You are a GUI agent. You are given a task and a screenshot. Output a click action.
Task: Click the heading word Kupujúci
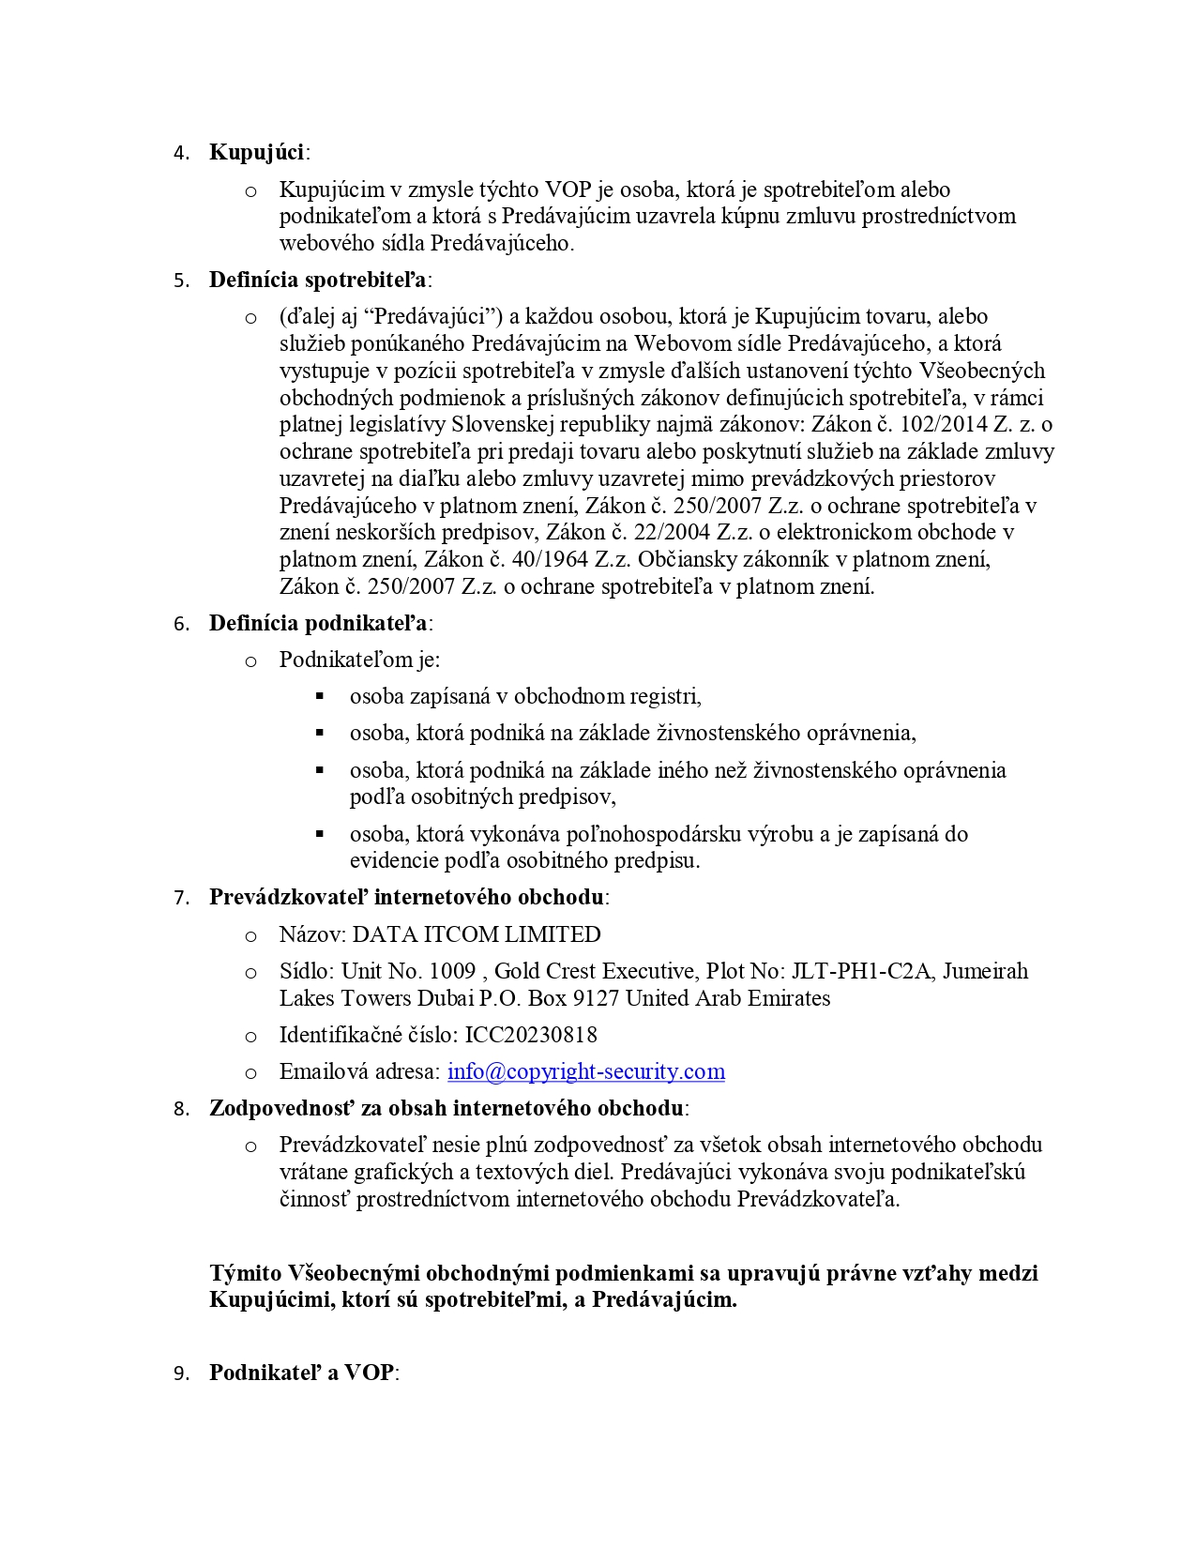pos(258,152)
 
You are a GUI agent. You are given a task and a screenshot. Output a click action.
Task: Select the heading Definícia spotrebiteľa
pos(318,280)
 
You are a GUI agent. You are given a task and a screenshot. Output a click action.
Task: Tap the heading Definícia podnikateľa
pos(318,623)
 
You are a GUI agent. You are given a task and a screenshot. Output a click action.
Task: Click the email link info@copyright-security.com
pos(586,1071)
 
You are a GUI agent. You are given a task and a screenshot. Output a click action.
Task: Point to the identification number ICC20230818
pos(531,1035)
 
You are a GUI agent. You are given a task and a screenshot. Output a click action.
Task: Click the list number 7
pos(181,898)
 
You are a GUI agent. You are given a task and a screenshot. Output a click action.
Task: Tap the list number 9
pos(181,1373)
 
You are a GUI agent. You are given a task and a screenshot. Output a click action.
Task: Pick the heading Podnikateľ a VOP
pos(302,1373)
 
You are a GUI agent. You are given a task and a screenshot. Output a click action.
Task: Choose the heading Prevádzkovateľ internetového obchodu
pos(406,897)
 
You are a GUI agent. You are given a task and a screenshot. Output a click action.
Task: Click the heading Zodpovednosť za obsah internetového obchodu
pos(447,1108)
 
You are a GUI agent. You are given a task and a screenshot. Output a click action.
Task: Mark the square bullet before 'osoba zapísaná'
pos(320,696)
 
